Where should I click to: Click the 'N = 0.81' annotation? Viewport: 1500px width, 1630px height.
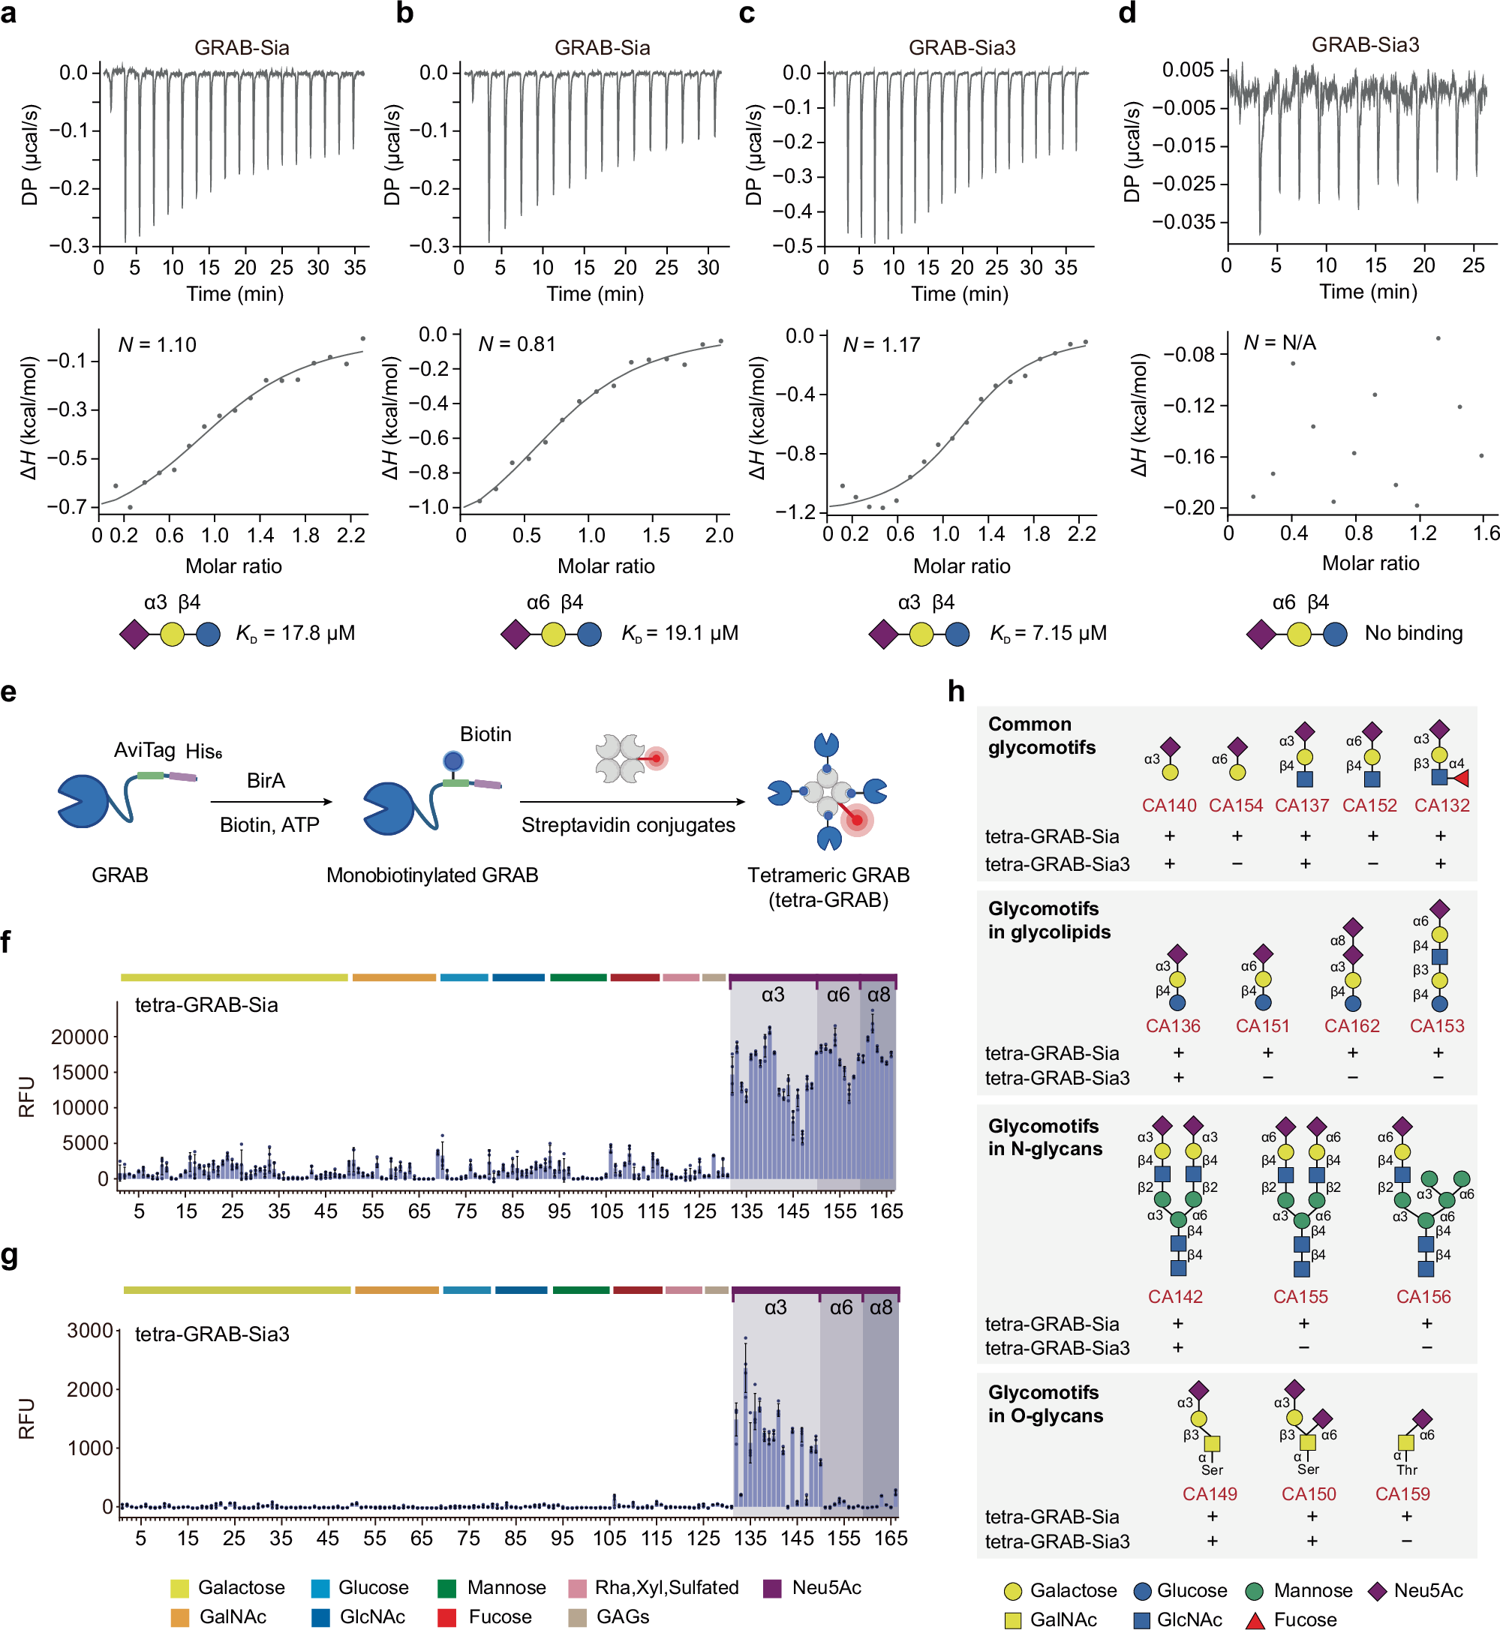(x=516, y=344)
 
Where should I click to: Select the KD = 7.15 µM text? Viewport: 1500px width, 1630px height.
(x=1048, y=634)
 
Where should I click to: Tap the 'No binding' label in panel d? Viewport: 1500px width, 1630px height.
(x=1413, y=634)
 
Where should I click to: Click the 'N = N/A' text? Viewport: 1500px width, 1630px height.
(x=1279, y=342)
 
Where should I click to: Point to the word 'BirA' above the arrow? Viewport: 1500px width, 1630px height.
(x=266, y=781)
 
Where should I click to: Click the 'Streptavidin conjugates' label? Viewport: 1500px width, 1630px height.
(x=627, y=825)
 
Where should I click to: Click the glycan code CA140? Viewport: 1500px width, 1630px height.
(x=1169, y=806)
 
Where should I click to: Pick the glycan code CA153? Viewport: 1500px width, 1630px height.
(x=1437, y=1026)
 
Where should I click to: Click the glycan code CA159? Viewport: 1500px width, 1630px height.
(x=1402, y=1494)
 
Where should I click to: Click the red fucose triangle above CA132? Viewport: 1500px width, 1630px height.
(x=1460, y=779)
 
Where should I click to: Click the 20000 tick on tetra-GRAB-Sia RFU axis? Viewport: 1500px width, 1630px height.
(x=80, y=1037)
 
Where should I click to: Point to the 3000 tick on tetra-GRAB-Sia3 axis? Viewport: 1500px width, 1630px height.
(x=89, y=1331)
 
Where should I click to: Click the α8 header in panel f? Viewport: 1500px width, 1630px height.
(x=878, y=995)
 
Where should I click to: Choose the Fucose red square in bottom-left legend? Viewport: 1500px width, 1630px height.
(x=446, y=1618)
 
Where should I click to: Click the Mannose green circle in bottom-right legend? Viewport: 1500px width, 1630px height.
(x=1254, y=1591)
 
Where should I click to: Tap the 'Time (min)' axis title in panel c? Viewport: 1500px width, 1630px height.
(x=960, y=294)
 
